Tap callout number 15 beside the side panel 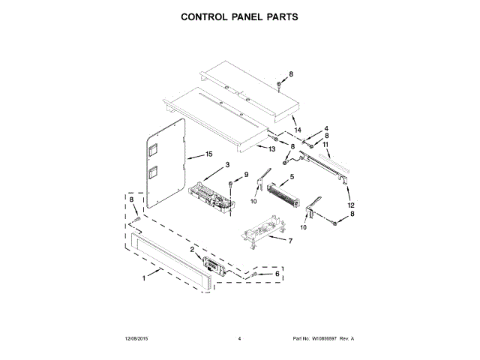pyautogui.click(x=199, y=155)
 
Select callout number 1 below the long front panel pyautogui.click(x=144, y=278)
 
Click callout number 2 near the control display pyautogui.click(x=192, y=249)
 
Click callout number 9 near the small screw pyautogui.click(x=244, y=175)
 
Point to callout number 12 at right pyautogui.click(x=351, y=205)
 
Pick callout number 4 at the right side pyautogui.click(x=326, y=128)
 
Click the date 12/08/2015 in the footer pyautogui.click(x=138, y=339)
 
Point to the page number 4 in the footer pyautogui.click(x=238, y=339)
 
